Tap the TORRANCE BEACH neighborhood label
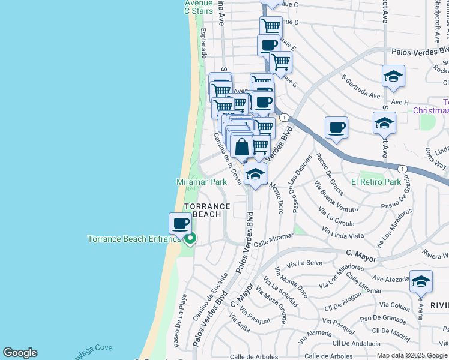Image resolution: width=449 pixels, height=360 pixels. tap(207, 211)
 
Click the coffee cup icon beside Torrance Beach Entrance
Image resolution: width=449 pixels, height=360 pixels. tap(180, 224)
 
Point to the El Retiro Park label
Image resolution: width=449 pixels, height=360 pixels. tap(376, 182)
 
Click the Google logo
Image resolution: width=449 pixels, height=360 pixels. tap(20, 353)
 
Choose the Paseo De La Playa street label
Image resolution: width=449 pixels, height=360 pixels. tap(179, 319)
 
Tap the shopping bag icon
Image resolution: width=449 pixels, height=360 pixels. tap(241, 147)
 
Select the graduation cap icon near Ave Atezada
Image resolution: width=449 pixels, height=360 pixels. tap(421, 281)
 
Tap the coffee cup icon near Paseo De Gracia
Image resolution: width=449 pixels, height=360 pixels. tap(337, 128)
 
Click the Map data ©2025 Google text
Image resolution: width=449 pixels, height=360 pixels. tap(411, 355)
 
